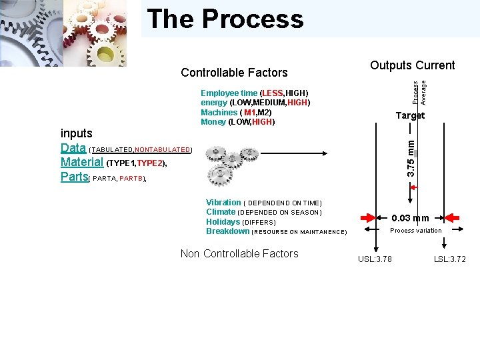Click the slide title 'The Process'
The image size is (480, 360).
point(225,19)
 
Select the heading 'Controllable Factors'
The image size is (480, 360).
point(234,73)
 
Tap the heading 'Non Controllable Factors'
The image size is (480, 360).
point(239,253)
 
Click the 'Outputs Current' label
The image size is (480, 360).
point(412,65)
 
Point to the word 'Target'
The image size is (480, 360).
point(410,115)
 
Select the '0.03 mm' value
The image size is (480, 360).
point(410,218)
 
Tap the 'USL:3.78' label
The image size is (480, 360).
point(375,259)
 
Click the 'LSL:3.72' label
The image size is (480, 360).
point(450,259)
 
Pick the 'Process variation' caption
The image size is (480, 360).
point(415,231)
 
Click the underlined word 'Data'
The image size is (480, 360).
point(73,148)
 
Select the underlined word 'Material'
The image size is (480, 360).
point(81,162)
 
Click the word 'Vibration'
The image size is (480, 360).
point(223,203)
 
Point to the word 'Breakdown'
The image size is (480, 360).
point(227,231)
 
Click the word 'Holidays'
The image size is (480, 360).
point(223,222)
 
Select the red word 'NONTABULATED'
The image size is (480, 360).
point(163,150)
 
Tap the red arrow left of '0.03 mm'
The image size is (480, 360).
point(369,217)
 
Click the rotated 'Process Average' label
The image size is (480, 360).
point(419,91)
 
